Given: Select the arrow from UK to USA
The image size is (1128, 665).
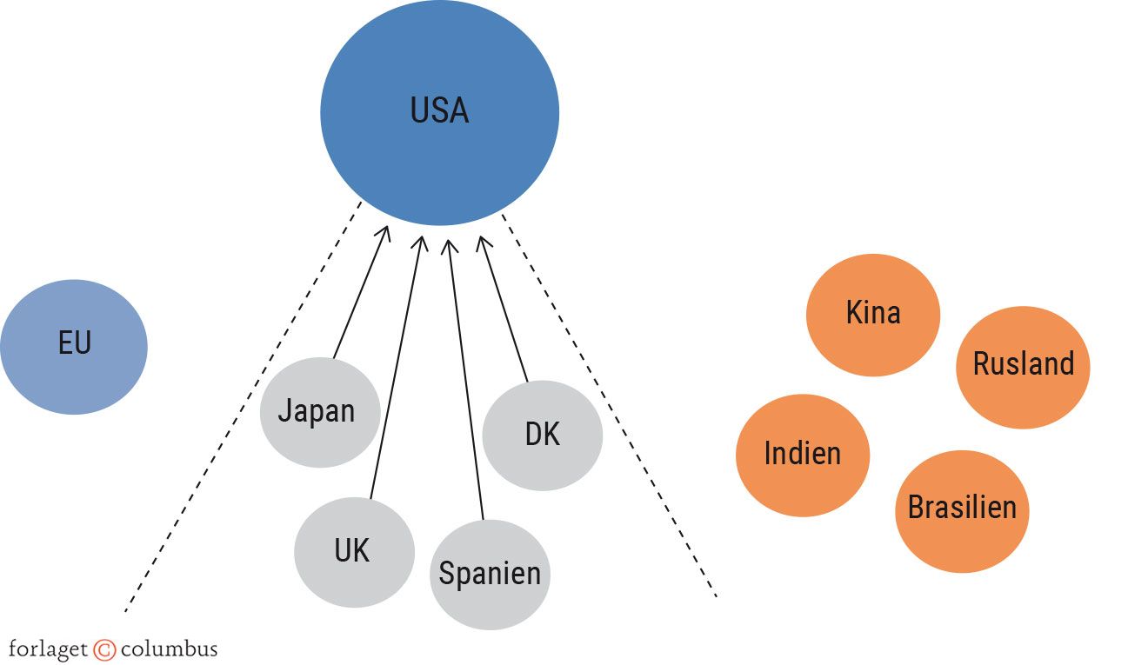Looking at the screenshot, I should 396,365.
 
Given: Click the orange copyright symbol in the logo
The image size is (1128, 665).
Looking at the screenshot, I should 104,649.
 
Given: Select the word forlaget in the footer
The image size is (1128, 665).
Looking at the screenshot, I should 48,649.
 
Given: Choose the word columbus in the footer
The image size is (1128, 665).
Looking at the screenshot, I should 169,648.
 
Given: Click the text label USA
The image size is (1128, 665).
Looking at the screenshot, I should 439,111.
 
